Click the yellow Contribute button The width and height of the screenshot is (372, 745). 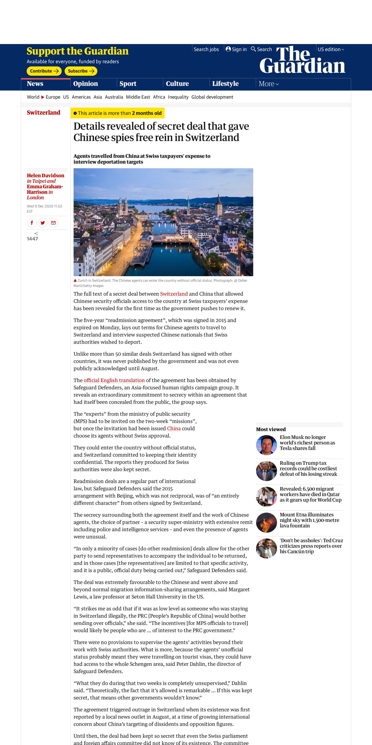pos(44,71)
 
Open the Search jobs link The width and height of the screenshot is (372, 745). pos(206,49)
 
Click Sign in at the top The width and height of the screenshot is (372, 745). pos(236,49)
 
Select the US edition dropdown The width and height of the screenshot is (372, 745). pos(331,49)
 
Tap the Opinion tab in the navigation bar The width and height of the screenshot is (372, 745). pos(85,84)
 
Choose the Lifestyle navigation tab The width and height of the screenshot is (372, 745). pos(225,84)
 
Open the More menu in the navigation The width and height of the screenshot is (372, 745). pos(269,84)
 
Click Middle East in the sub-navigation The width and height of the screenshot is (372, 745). pos(138,97)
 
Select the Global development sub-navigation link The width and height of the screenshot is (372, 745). pos(212,97)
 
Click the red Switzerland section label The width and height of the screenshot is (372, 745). pos(43,113)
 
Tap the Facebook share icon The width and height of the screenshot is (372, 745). pos(32,223)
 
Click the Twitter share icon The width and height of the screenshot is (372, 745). pos(43,223)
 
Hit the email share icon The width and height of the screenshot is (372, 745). pos(53,223)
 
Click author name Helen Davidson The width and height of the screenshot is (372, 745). pos(45,176)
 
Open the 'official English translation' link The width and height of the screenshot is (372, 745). pos(114,380)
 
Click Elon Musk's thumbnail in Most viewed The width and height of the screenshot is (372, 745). pos(266,445)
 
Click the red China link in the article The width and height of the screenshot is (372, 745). pos(174,428)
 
